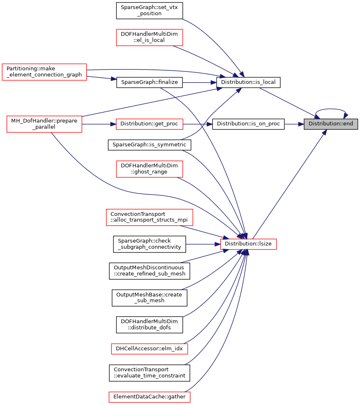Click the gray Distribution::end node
(331, 124)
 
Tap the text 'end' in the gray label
(348, 124)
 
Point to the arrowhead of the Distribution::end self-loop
(346, 116)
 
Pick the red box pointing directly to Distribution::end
(249, 244)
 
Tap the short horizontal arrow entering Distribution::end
(294, 124)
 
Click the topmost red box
(150, 37)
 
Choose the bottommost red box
(150, 397)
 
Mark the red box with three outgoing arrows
(44, 124)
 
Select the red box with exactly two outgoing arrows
(44, 72)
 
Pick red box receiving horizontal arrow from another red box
(150, 124)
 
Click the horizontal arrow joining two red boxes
(99, 124)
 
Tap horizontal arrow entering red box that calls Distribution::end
(203, 244)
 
